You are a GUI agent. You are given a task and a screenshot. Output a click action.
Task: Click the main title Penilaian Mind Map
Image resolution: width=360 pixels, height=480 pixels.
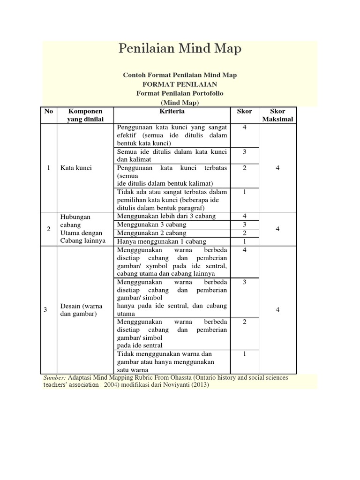click(x=180, y=49)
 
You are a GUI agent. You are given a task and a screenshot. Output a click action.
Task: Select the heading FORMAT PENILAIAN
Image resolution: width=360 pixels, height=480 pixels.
click(x=180, y=84)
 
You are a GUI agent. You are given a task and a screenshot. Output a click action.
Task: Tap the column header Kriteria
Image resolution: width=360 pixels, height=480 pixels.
click(x=172, y=112)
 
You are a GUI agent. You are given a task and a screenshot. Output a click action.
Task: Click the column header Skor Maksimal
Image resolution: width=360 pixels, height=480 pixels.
click(x=277, y=115)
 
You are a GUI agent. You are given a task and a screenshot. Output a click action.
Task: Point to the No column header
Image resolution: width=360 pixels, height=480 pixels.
click(x=48, y=112)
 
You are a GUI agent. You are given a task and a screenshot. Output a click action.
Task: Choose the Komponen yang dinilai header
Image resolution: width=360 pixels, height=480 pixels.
click(x=85, y=115)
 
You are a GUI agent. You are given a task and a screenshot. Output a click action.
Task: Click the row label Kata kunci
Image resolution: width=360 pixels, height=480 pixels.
click(x=75, y=168)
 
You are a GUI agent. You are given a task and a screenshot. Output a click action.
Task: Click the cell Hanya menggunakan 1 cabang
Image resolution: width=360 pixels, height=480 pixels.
click(x=162, y=241)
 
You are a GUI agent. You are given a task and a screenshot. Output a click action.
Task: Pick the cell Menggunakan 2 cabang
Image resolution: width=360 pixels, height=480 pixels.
click(x=151, y=233)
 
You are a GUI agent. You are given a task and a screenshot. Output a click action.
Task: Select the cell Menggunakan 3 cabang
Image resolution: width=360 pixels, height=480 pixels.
click(x=151, y=225)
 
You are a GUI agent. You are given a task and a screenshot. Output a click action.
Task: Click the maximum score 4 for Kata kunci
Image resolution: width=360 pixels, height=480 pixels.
click(x=277, y=168)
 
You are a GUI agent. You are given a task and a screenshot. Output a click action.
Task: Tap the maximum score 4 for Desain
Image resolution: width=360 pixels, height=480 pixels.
click(x=277, y=310)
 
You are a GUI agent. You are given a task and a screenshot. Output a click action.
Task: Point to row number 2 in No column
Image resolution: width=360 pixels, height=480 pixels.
click(x=49, y=229)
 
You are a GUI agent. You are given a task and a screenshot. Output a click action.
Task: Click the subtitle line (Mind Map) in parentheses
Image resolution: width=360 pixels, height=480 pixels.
click(x=180, y=103)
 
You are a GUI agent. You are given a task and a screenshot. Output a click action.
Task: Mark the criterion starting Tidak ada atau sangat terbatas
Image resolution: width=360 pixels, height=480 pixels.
click(x=172, y=200)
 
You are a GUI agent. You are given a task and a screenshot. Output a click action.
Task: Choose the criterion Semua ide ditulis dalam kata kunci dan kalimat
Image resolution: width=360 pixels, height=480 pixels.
click(x=172, y=156)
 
